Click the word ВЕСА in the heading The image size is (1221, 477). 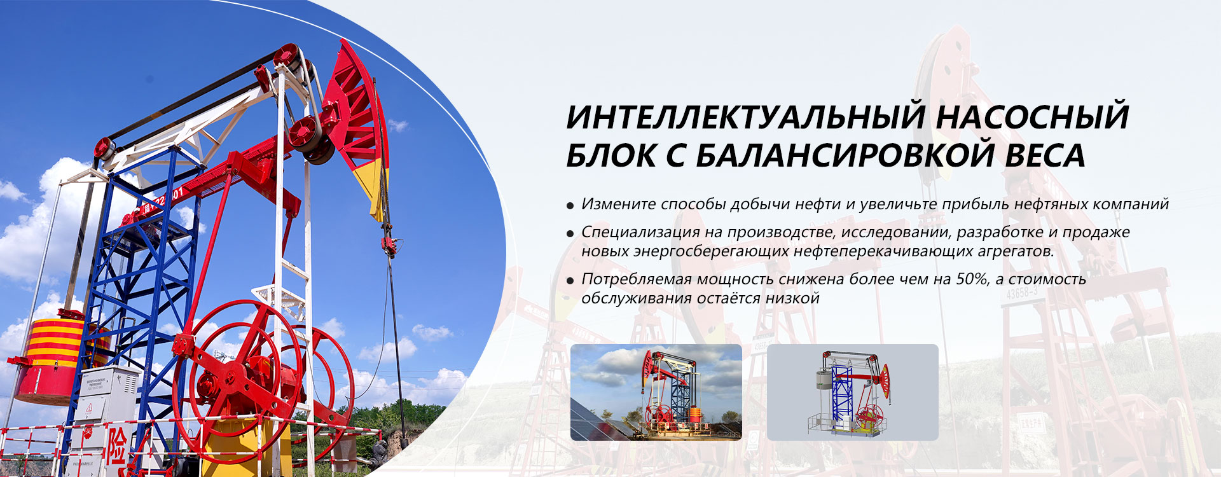click(x=1045, y=155)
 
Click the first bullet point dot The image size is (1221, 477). click(x=570, y=206)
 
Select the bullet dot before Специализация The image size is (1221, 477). click(x=570, y=234)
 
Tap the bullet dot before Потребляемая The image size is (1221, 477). click(x=570, y=281)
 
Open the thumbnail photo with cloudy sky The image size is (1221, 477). click(x=656, y=392)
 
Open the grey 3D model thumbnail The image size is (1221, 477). click(x=853, y=392)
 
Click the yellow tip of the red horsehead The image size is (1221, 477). click(x=371, y=184)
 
